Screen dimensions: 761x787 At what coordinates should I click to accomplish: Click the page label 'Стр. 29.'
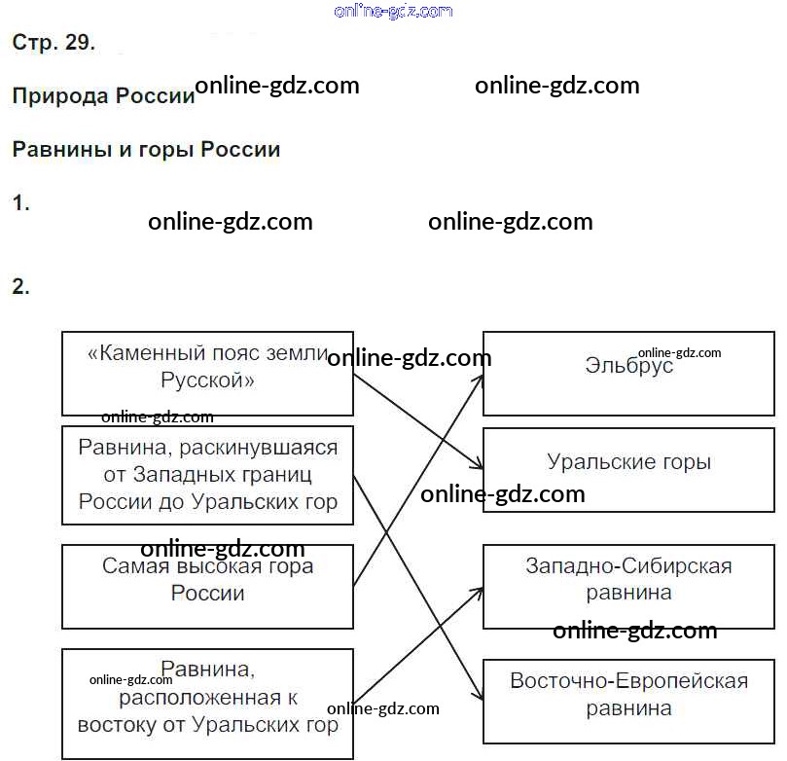click(x=54, y=43)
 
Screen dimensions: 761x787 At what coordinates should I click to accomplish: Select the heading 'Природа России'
click(x=103, y=96)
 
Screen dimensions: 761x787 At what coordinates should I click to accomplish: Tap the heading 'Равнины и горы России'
click(x=146, y=150)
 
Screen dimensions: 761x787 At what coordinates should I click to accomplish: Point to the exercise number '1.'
click(x=20, y=203)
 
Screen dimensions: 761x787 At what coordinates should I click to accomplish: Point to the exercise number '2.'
click(x=20, y=287)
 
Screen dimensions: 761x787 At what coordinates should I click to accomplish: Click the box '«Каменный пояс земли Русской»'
click(x=206, y=373)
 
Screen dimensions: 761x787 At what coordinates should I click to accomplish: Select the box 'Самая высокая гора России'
click(x=206, y=585)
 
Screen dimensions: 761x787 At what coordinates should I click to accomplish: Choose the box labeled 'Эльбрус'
click(x=628, y=373)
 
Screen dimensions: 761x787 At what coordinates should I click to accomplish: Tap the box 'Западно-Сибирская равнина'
click(x=628, y=587)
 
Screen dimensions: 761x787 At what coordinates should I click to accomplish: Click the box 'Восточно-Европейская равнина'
click(x=628, y=703)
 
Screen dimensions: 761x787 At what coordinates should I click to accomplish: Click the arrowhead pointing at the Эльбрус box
click(x=480, y=378)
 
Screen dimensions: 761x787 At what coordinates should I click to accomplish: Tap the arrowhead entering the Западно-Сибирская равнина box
click(x=479, y=589)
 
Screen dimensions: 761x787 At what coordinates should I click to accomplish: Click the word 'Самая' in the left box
click(x=131, y=565)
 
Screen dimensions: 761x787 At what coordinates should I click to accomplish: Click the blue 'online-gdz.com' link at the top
click(x=392, y=11)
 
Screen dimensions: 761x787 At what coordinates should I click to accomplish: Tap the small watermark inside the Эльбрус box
click(x=679, y=353)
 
